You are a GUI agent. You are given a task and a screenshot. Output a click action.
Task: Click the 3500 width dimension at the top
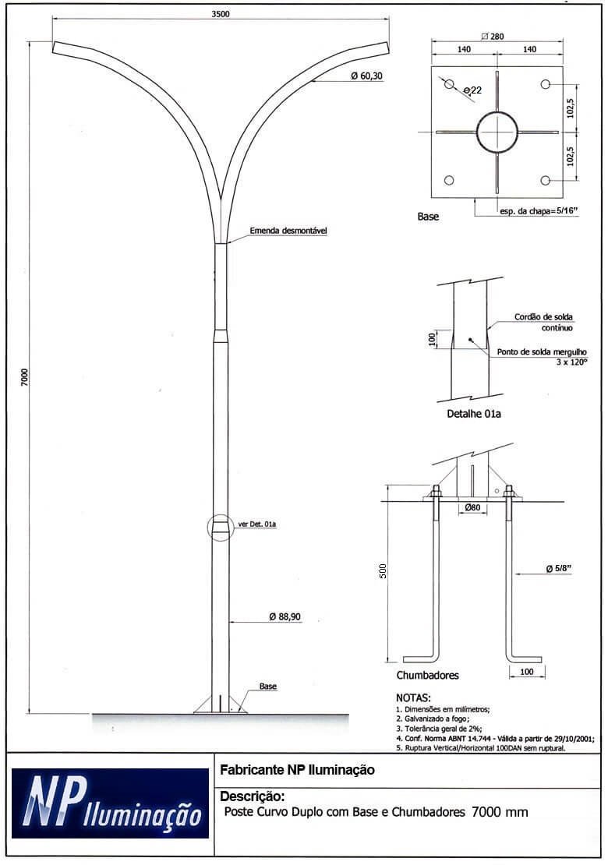(x=221, y=14)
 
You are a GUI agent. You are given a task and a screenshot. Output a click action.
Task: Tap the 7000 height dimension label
(x=24, y=377)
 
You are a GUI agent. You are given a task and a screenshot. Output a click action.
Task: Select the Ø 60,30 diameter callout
(x=366, y=76)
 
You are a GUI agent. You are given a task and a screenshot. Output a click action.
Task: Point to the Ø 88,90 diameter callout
(x=285, y=616)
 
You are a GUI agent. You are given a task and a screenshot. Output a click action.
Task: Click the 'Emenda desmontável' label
(x=288, y=231)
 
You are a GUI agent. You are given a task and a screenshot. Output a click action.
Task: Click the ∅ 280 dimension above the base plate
(x=492, y=37)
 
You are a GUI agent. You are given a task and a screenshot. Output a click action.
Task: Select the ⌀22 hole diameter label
(x=473, y=90)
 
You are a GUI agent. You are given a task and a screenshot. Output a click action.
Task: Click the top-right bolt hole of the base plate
(x=545, y=84)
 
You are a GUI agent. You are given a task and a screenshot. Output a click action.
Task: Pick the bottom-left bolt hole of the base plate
(x=449, y=180)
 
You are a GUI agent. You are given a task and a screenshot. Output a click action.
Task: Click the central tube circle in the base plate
(x=497, y=132)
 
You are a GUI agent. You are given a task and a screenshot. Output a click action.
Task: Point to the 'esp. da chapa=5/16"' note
(x=539, y=210)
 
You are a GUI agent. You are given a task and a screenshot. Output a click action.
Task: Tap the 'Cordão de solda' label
(x=543, y=317)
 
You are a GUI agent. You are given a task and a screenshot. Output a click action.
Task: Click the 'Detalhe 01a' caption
(x=474, y=414)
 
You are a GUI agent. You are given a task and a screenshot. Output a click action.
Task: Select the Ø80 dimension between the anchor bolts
(x=472, y=507)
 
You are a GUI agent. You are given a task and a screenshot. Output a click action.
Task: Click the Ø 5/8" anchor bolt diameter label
(x=558, y=569)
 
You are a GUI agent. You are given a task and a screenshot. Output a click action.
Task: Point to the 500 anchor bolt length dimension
(x=383, y=571)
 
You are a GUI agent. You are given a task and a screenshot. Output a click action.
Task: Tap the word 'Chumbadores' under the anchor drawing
(x=428, y=675)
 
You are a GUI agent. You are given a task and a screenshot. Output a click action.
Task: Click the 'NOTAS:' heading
(x=413, y=698)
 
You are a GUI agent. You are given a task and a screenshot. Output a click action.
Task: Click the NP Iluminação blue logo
(x=111, y=803)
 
